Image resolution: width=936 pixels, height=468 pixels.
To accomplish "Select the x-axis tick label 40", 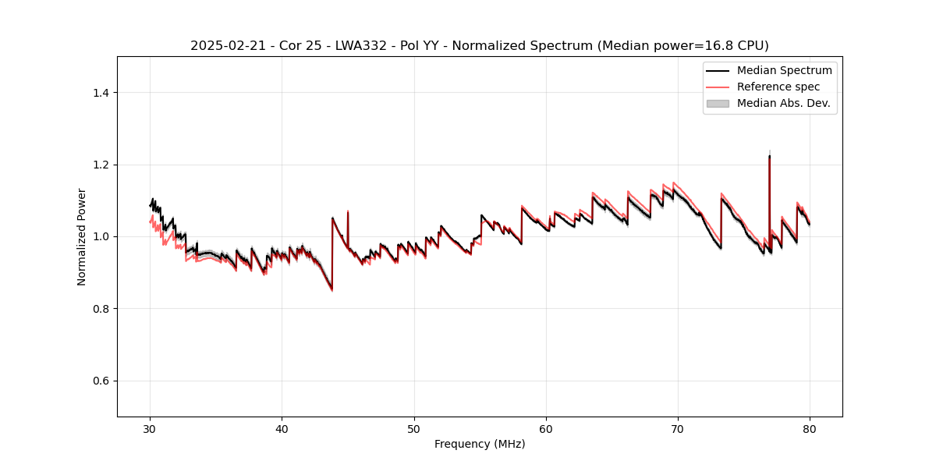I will point(282,428).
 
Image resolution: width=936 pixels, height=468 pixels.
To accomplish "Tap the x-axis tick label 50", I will point(414,428).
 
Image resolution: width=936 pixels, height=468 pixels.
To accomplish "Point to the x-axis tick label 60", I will point(546,428).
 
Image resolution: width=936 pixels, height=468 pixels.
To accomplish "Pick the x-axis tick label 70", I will point(678,428).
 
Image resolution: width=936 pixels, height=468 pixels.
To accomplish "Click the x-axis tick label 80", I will point(810,428).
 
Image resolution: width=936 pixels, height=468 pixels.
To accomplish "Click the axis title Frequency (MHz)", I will point(480,444).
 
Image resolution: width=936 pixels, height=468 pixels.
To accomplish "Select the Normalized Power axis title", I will point(82,236).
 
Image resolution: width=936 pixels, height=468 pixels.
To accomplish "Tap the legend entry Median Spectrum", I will point(784,70).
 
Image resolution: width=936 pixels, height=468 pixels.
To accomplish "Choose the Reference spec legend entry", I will point(778,87).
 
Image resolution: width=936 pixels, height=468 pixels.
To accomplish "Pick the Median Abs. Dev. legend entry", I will point(783,103).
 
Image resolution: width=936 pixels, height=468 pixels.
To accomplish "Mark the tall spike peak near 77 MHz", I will point(769,156).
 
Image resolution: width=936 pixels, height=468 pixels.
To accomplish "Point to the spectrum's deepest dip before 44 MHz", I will point(331,289).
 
